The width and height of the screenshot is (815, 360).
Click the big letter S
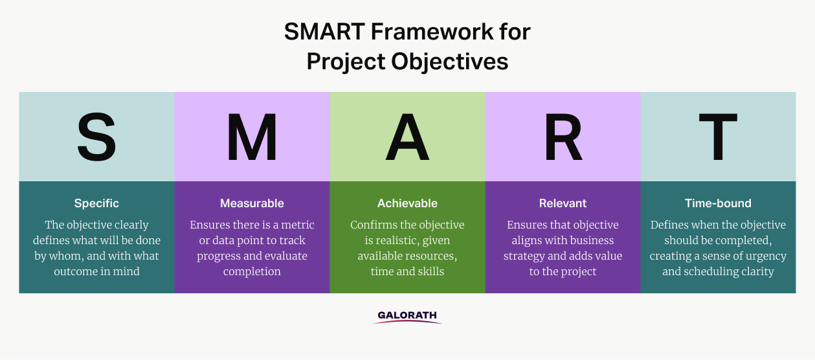[x=96, y=137]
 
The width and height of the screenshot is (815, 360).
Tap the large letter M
[x=252, y=137]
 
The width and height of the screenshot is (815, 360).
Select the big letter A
[x=408, y=137]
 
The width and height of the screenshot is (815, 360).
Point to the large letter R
[x=563, y=137]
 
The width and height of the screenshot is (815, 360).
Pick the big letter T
[x=718, y=137]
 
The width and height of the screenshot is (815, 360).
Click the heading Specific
[x=96, y=203]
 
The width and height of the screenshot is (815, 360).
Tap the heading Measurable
[x=252, y=203]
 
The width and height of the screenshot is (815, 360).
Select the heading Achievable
[x=408, y=203]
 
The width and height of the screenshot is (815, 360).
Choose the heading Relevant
[x=563, y=203]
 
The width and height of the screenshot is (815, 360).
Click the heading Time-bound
[x=718, y=203]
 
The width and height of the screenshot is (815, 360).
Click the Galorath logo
[x=408, y=317]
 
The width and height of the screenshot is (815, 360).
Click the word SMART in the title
[x=324, y=32]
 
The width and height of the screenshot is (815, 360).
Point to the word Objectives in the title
[x=450, y=61]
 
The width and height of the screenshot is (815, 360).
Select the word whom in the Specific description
[x=66, y=256]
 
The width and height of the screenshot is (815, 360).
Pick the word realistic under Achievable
[x=396, y=241]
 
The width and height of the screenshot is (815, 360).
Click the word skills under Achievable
[x=432, y=271]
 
